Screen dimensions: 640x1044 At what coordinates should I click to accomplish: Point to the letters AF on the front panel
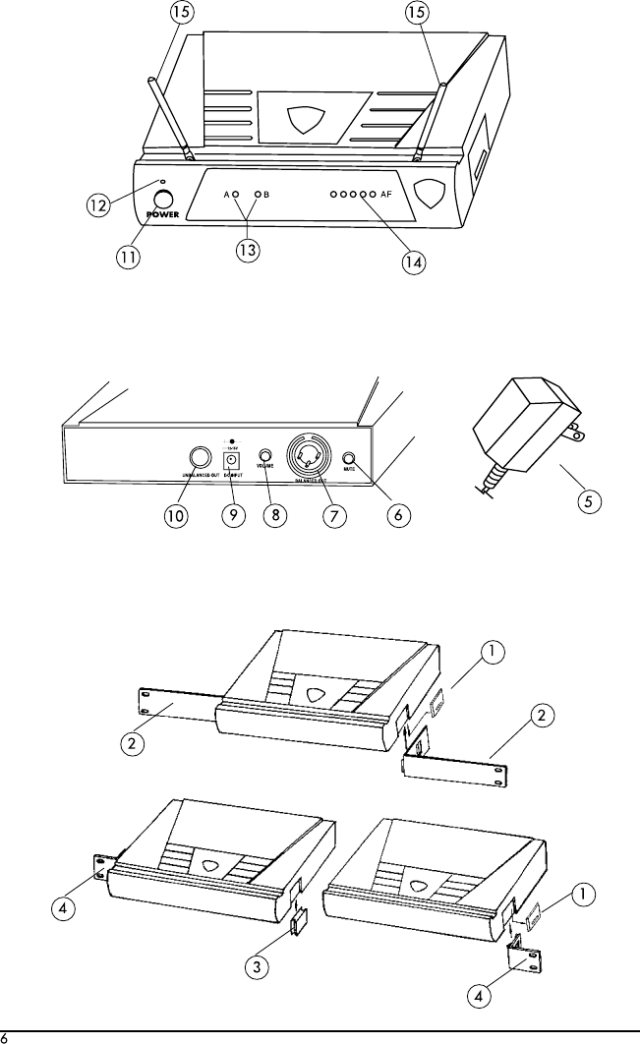coord(386,195)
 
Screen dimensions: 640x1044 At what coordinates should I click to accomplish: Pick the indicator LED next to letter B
coord(258,196)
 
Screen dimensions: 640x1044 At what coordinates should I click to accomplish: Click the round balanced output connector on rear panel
coord(306,457)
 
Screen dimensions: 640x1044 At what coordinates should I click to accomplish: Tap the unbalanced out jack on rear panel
coord(200,457)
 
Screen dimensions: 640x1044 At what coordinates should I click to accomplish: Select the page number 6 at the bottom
coord(5,1037)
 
